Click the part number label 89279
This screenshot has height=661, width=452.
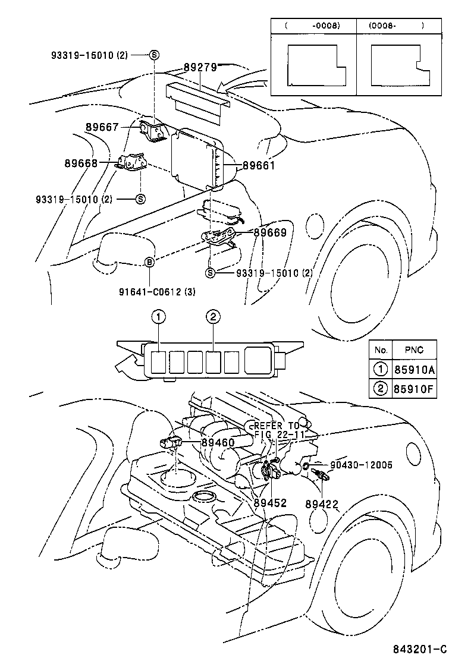[200, 68]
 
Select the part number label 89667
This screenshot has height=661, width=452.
[102, 127]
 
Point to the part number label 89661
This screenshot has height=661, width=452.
[258, 166]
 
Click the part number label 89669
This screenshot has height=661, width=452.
[270, 233]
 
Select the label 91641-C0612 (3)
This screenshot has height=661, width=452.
[158, 291]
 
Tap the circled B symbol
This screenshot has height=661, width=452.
[150, 262]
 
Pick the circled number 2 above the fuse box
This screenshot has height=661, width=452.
[212, 317]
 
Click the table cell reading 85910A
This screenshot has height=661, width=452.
[414, 370]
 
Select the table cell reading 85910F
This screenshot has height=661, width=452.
[414, 391]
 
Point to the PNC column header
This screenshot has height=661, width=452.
[414, 350]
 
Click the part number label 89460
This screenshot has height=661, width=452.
[218, 442]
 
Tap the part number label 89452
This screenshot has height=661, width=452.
[270, 502]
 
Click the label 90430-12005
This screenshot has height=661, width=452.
[361, 465]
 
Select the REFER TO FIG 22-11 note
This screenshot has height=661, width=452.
[278, 430]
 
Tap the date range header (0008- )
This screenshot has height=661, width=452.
[395, 26]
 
